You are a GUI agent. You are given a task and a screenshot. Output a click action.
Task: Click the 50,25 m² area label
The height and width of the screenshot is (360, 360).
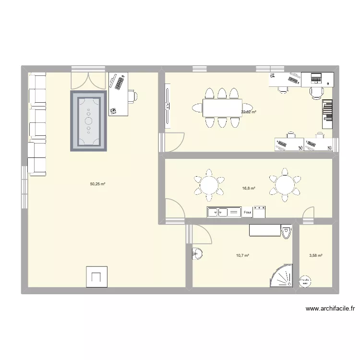97,184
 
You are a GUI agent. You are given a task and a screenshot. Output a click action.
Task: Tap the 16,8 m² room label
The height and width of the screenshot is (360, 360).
249,189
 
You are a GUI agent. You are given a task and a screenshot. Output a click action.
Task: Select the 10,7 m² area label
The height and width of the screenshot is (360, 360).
243,256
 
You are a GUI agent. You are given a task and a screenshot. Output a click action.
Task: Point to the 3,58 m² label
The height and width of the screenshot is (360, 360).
316,256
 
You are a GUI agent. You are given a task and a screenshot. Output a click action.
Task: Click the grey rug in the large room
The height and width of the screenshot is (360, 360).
88,121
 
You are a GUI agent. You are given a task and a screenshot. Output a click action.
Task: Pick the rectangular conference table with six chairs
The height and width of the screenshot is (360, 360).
222,108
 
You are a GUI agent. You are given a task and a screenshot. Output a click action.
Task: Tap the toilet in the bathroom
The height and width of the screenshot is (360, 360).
287,232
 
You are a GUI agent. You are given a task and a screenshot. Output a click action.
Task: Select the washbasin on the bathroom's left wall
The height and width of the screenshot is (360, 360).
197,253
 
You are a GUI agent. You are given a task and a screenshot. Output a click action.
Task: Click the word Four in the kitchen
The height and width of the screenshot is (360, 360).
248,212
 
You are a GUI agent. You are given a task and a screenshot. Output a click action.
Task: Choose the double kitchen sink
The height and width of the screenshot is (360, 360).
223,212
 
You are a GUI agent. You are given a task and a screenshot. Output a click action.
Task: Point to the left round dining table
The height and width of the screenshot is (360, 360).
209,183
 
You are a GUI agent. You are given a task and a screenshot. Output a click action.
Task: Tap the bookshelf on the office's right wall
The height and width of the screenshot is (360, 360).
327,114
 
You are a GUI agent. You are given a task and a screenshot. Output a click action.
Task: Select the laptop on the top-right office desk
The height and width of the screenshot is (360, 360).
316,77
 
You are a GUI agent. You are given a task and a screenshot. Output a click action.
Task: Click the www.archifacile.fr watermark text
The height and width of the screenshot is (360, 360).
329,309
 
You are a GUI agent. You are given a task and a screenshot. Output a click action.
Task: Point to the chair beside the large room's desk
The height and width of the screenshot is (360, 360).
132,96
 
